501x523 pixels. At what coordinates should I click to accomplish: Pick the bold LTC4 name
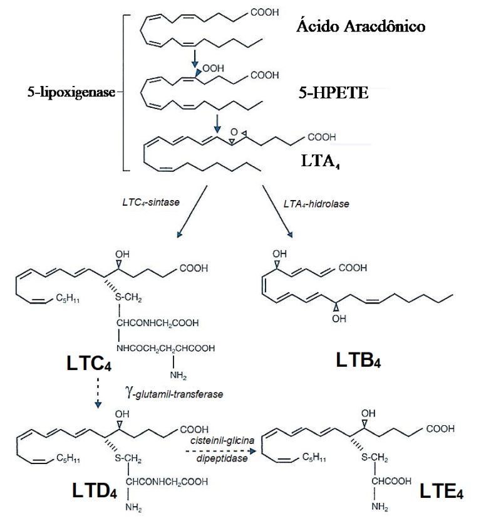click(x=89, y=363)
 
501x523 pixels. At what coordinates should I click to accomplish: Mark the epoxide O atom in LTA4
click(x=234, y=133)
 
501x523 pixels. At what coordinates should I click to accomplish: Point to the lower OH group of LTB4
click(x=339, y=319)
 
